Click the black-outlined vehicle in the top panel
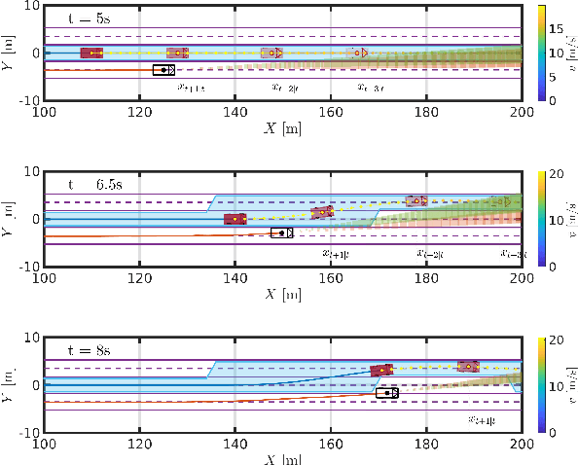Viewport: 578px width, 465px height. click(x=163, y=69)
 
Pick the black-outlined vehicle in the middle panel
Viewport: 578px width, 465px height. click(x=281, y=232)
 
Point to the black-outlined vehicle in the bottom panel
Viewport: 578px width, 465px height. click(x=386, y=393)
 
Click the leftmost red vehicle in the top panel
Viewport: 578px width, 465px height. click(x=91, y=53)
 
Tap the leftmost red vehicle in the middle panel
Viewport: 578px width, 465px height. click(x=235, y=219)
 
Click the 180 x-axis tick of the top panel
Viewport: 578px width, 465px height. click(x=426, y=111)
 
